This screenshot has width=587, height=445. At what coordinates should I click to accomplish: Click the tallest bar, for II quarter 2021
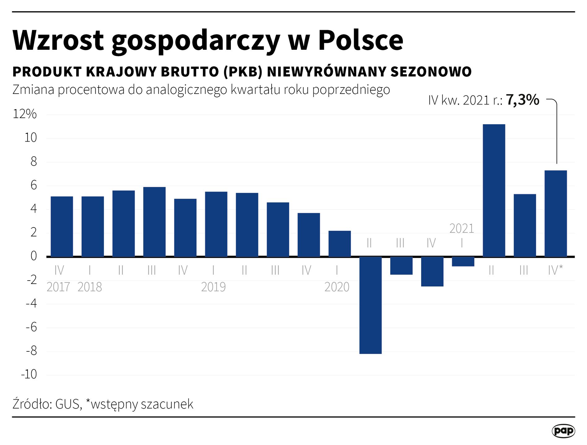click(494, 190)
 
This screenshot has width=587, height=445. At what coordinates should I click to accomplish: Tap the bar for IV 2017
click(62, 226)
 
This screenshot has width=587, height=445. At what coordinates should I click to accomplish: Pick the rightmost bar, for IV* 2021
click(555, 213)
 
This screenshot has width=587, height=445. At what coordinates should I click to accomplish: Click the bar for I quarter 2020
click(339, 244)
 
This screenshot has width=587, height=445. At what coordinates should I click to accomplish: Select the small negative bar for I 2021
click(463, 261)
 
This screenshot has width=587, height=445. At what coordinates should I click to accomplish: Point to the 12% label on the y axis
click(25, 114)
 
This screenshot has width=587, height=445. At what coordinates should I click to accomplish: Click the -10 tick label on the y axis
click(29, 374)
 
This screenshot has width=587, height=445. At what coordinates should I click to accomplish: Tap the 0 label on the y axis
click(34, 256)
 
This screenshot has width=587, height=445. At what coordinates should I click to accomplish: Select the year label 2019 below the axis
click(213, 287)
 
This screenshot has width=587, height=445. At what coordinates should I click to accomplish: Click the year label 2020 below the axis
click(337, 287)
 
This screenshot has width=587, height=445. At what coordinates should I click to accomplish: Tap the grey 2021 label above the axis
click(461, 229)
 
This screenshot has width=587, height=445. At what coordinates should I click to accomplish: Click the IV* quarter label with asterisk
click(555, 270)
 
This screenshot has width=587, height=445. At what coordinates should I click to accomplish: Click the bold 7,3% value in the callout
click(523, 100)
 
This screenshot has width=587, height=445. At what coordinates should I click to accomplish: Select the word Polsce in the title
click(360, 40)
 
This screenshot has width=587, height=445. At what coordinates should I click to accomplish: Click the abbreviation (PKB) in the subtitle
click(243, 72)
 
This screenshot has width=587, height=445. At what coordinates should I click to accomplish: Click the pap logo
click(563, 431)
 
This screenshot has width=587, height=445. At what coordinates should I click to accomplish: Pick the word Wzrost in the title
click(58, 40)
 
